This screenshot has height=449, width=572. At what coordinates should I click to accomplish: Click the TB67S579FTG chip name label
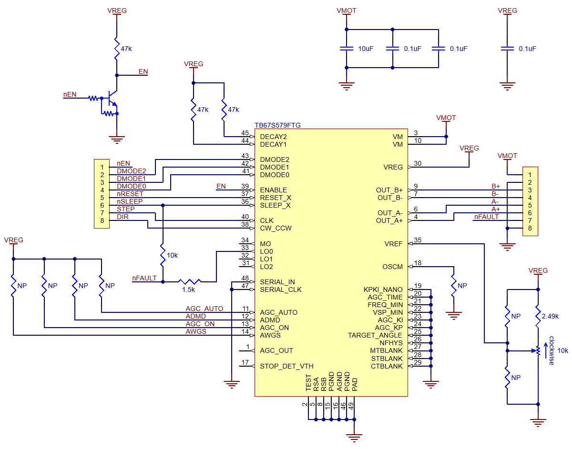coord(277,125)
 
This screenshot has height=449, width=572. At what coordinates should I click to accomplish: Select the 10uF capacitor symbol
coord(347,49)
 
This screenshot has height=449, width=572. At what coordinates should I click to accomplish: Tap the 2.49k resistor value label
coord(550,316)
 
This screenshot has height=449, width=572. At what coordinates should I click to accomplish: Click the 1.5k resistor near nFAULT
coord(190,282)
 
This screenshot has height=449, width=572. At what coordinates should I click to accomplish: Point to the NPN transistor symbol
coord(112,98)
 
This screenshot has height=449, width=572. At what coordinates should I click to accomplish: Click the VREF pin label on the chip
coord(393,244)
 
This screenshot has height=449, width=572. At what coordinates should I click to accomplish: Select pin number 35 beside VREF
coord(418,240)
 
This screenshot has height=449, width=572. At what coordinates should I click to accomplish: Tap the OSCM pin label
coord(392,267)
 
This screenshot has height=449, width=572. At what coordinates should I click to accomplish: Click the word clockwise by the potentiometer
coord(552,351)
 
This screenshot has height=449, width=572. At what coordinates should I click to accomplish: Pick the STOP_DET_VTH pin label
coord(286,366)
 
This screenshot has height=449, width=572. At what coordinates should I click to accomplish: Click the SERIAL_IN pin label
coord(277,282)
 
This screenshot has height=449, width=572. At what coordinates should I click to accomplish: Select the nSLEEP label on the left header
coord(130,201)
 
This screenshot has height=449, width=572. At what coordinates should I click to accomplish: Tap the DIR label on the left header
coord(123,217)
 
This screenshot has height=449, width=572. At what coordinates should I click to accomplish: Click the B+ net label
coord(496,186)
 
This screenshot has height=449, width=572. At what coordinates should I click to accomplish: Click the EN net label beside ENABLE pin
coord(221,186)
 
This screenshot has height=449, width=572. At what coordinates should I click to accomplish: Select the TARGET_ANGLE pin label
coord(375,335)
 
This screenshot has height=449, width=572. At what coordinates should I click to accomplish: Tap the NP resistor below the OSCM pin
coord(453,286)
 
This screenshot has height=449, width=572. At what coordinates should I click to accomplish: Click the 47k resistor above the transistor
coord(117,49)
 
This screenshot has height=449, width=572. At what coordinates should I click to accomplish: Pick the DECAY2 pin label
coord(273,137)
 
